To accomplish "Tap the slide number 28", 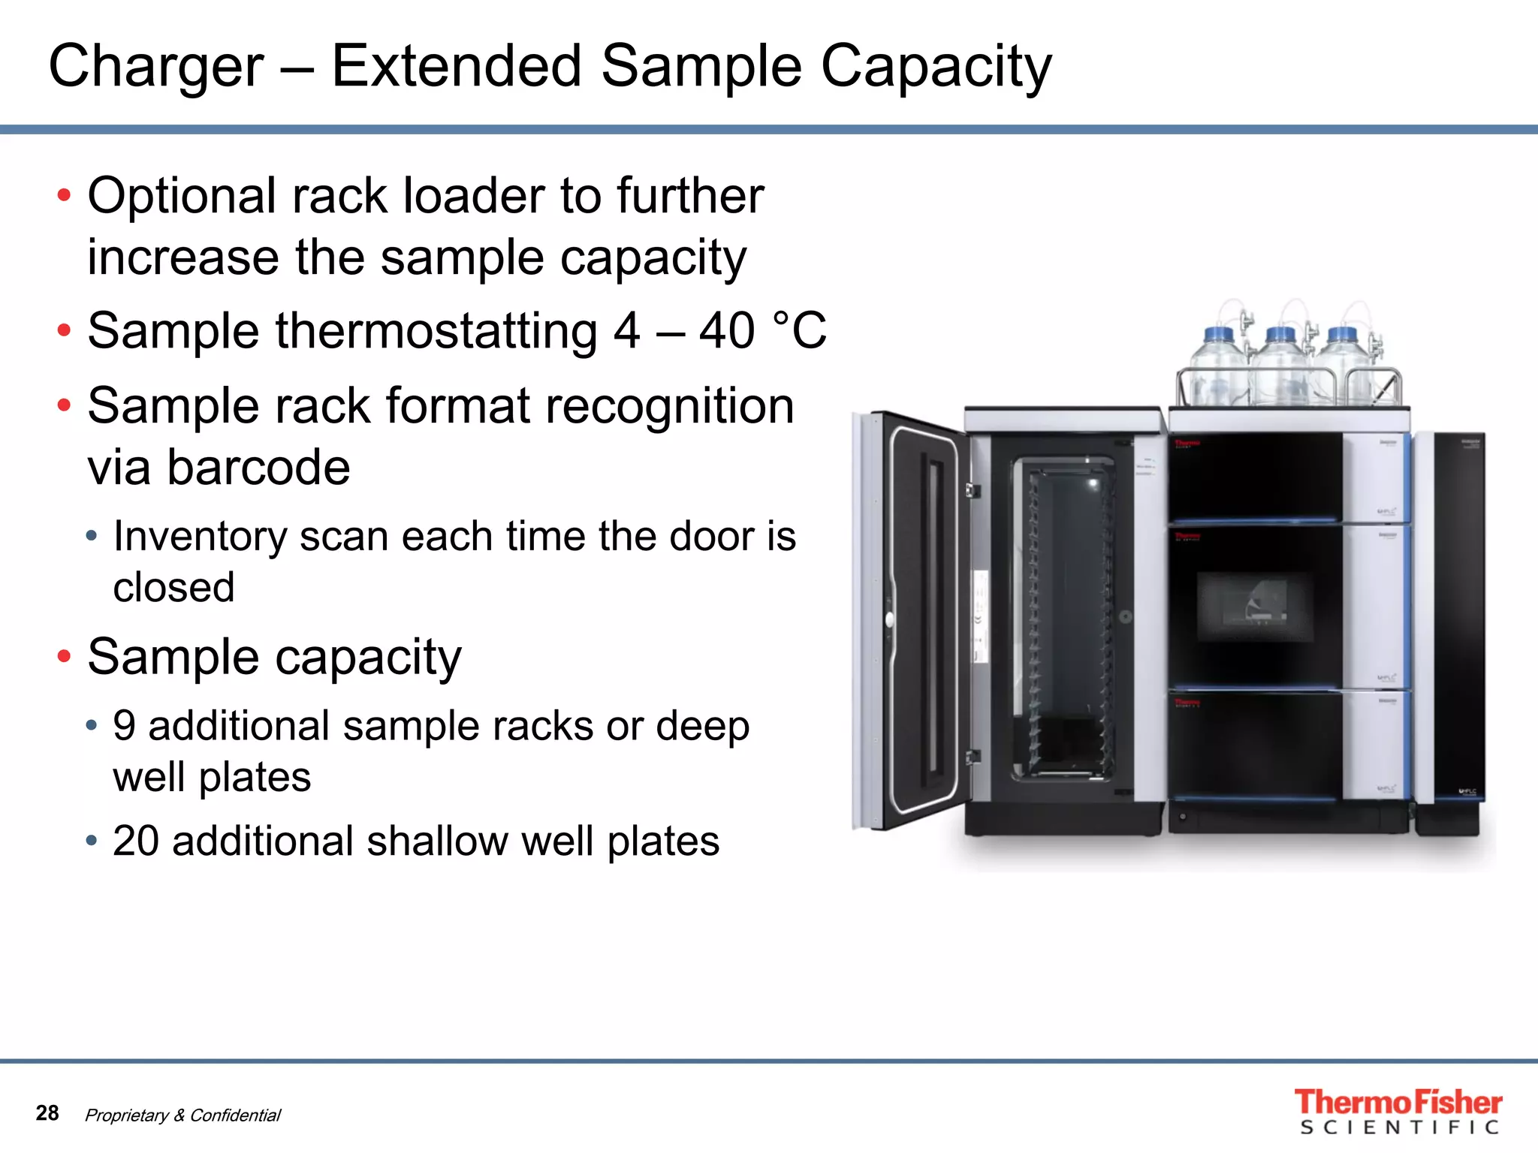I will [x=47, y=1112].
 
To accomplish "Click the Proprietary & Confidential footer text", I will [x=182, y=1115].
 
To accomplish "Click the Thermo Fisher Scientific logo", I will [x=1398, y=1111].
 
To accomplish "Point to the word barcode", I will [x=256, y=468].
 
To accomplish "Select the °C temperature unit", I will [x=799, y=330].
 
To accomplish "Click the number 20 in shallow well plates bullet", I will [x=135, y=841].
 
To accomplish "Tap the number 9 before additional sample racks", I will [x=124, y=726].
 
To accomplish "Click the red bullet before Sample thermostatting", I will [x=64, y=330].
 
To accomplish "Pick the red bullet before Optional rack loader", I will [x=64, y=196].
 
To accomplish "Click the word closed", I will [x=173, y=587].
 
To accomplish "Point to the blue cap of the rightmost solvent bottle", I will [x=1342, y=335].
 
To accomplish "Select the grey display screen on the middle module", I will [x=1254, y=607].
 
